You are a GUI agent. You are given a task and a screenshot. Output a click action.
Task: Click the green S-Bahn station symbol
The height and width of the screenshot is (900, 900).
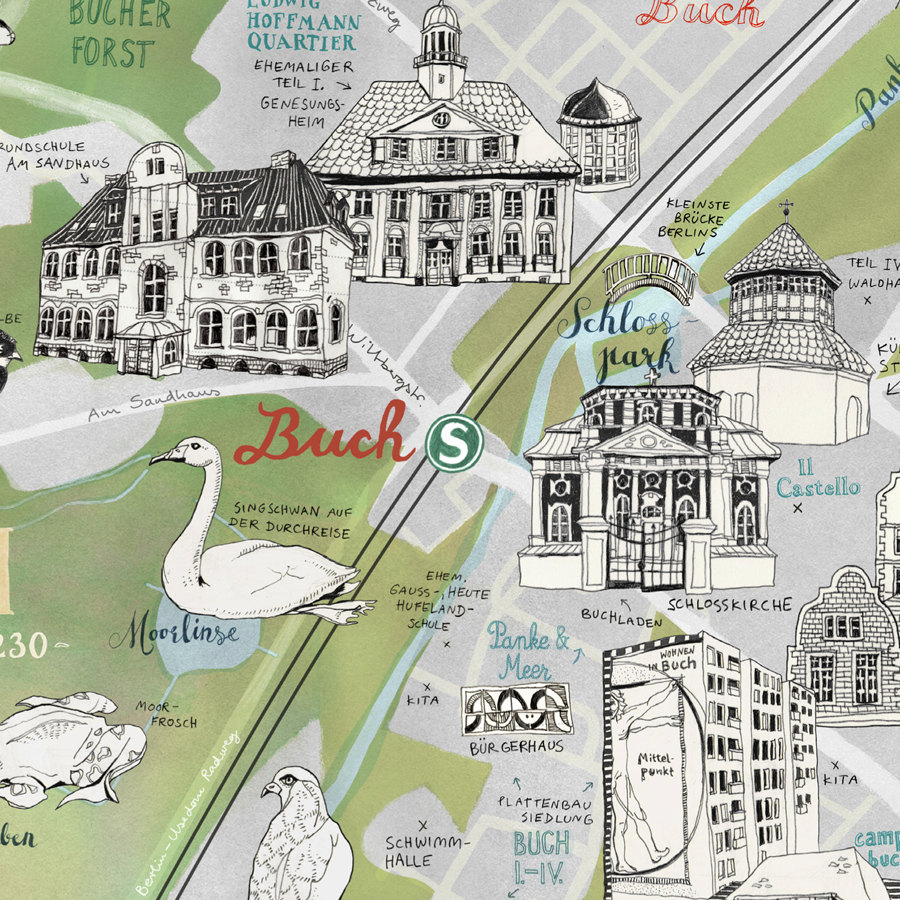click(454, 440)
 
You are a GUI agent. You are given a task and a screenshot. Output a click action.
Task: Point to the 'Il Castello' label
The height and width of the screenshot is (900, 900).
click(816, 477)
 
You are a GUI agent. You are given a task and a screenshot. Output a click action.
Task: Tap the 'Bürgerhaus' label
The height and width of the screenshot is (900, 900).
click(516, 746)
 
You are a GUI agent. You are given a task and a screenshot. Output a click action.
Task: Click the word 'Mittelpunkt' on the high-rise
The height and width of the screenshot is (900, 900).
click(657, 768)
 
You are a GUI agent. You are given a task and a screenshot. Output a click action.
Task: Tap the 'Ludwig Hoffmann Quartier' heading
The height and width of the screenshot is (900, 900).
click(301, 25)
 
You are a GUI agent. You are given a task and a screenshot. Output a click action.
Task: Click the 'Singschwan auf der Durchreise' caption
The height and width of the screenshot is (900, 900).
click(289, 520)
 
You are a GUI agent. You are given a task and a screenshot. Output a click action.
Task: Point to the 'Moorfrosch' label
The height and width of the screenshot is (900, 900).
click(161, 714)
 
